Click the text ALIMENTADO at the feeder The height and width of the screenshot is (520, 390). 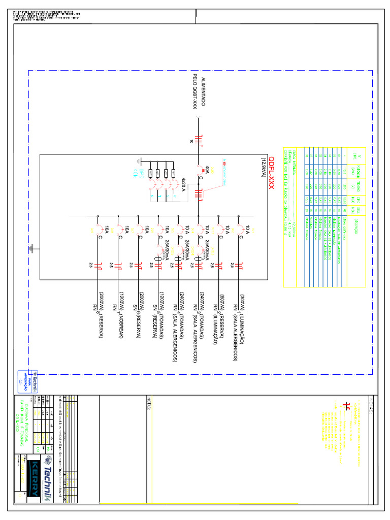(x=204, y=92)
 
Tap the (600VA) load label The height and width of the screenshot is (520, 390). (x=222, y=301)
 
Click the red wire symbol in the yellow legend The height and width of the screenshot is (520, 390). (x=347, y=406)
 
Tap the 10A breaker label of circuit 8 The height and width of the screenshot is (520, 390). (x=106, y=231)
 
